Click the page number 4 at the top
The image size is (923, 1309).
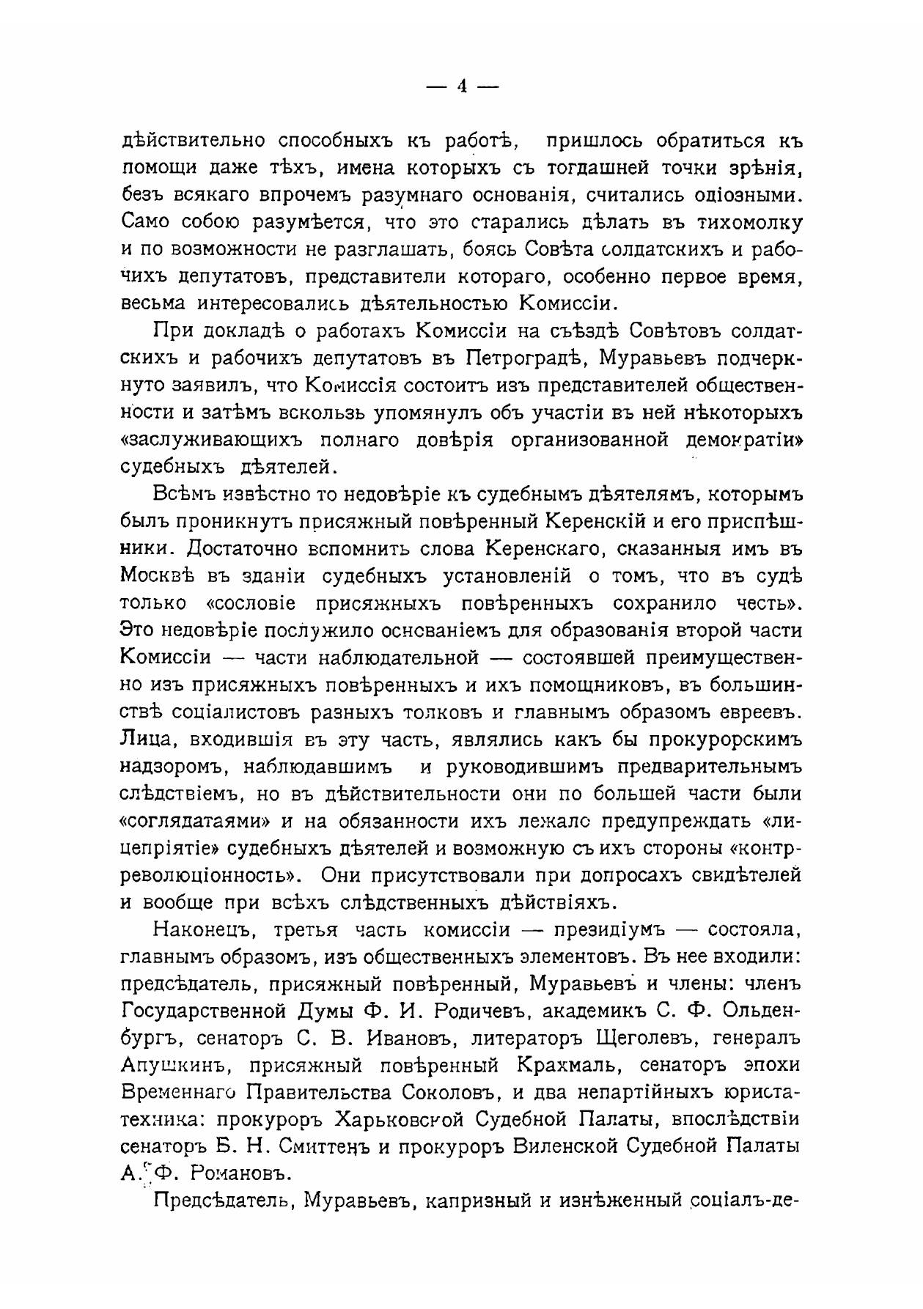point(462,86)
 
